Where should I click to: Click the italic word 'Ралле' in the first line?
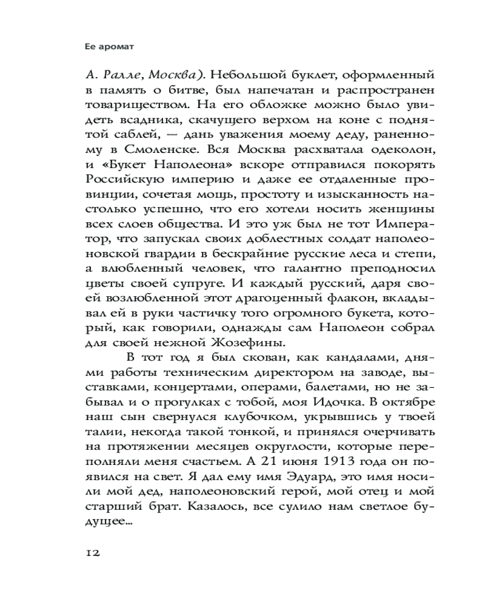click(129, 76)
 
